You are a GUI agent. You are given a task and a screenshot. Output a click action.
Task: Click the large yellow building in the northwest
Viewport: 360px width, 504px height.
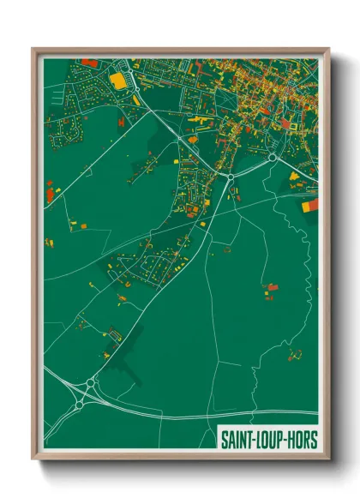117,80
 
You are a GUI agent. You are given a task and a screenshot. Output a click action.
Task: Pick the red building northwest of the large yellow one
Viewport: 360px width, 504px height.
89,63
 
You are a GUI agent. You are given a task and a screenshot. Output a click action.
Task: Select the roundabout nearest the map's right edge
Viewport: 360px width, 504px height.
273,158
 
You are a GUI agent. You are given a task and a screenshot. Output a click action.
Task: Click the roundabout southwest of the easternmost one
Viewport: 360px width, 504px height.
231,176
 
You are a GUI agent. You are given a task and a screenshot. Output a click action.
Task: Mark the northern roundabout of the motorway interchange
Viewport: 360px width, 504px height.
91,382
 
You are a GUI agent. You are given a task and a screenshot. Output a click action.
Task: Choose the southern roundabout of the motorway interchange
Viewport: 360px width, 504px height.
80,402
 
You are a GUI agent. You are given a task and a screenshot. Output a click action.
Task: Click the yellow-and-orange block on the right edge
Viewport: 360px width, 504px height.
310,205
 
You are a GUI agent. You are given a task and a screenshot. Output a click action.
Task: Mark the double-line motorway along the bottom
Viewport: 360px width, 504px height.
214,417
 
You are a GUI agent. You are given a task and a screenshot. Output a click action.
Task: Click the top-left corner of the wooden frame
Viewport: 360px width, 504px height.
33,50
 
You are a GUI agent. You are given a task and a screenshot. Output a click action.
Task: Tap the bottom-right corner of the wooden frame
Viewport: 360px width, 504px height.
329,459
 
